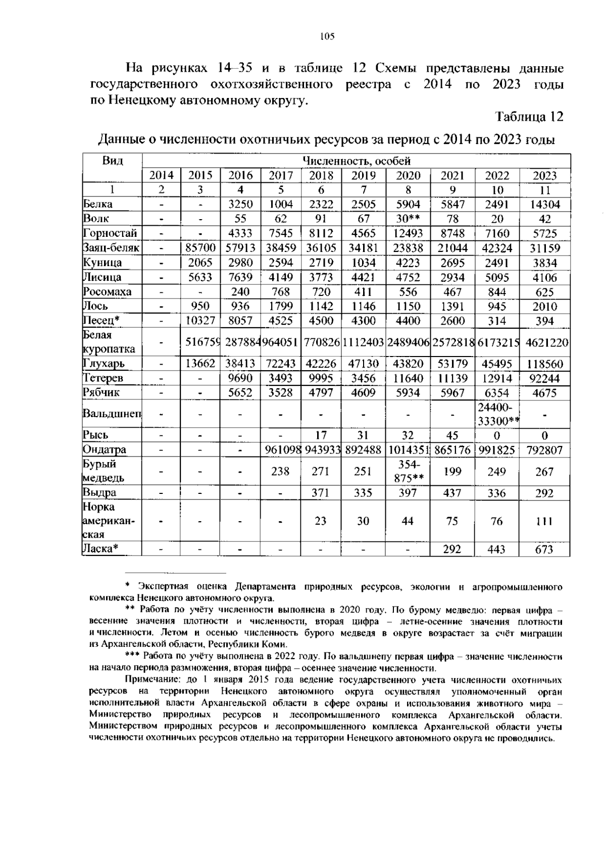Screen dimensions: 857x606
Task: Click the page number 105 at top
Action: (x=327, y=36)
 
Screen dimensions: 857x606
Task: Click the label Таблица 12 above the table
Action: (x=529, y=117)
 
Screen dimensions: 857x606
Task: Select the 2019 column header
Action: (x=363, y=176)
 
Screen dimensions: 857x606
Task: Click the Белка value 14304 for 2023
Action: (x=544, y=205)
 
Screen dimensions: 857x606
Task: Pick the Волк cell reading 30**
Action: (x=408, y=219)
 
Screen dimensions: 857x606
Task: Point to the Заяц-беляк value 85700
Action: (x=200, y=248)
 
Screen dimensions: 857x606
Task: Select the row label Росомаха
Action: (x=107, y=291)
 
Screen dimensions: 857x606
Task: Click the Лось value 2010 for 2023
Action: (x=544, y=307)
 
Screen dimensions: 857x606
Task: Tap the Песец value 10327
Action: (x=200, y=321)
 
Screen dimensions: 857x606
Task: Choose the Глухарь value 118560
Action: (x=544, y=364)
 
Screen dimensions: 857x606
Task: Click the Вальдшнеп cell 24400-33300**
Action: (x=497, y=414)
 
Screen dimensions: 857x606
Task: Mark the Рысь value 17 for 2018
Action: (x=321, y=435)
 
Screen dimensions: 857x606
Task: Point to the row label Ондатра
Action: (x=105, y=449)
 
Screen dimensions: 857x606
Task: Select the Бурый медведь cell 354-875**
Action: (x=408, y=471)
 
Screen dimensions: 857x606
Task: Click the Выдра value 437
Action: (x=452, y=493)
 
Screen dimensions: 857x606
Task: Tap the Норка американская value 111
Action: (x=544, y=521)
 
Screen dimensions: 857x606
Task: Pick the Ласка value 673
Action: (x=544, y=549)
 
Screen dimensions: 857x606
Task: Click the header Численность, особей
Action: (x=356, y=161)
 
